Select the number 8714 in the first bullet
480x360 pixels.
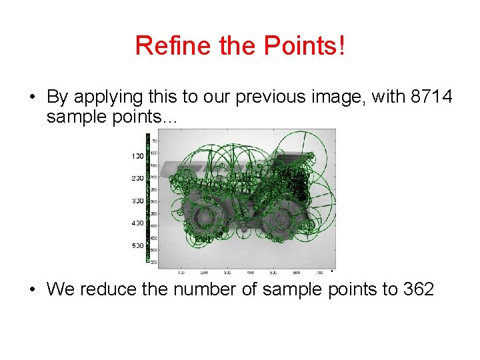point(431,97)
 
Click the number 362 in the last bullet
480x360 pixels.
point(419,289)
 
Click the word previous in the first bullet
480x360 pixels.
point(274,98)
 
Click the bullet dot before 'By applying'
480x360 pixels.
point(32,98)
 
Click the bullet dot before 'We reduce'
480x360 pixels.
point(32,290)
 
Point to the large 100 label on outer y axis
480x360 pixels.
point(137,156)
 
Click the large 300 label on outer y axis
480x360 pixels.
point(137,201)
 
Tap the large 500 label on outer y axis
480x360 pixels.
point(137,246)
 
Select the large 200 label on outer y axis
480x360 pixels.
point(137,179)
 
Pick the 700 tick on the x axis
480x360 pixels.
point(319,272)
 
